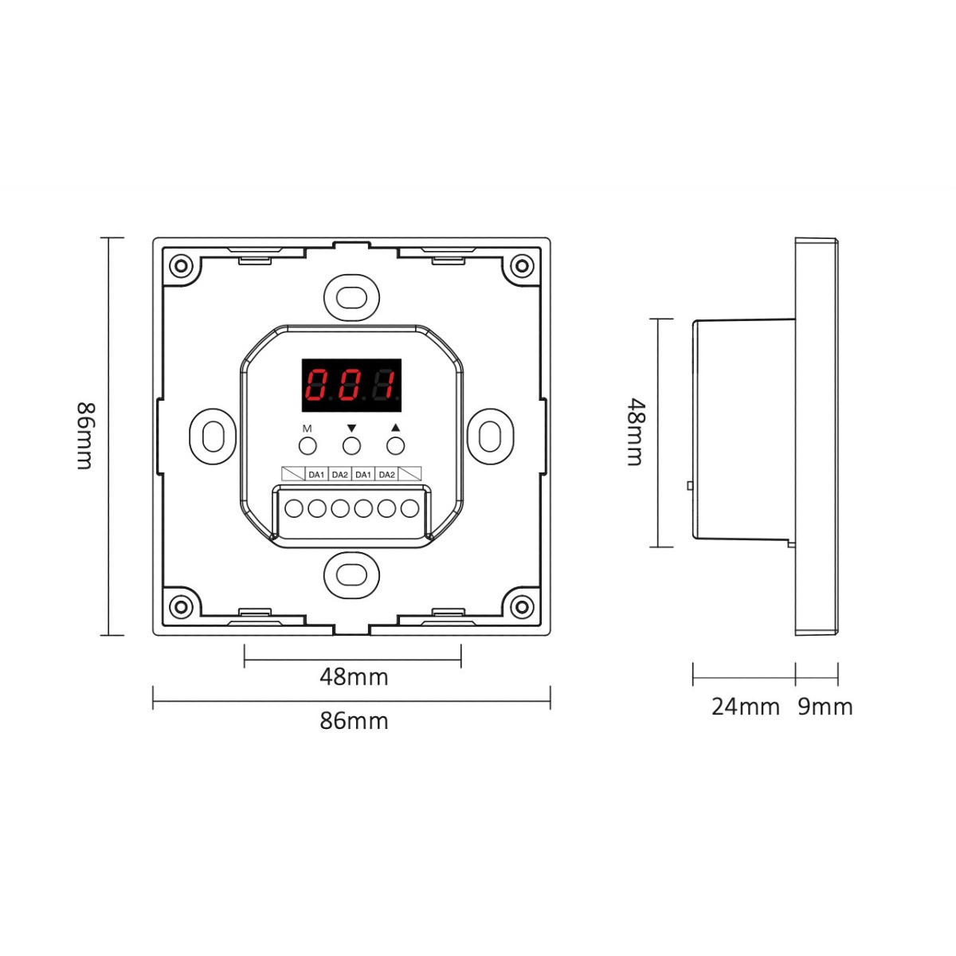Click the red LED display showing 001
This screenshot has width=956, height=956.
351,385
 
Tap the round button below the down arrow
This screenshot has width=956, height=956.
351,446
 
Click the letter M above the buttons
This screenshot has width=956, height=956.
307,428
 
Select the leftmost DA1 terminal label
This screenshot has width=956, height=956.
316,475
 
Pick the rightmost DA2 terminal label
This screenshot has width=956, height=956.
386,475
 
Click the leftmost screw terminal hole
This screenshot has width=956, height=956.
294,508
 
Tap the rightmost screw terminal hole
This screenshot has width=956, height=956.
409,508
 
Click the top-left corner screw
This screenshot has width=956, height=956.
181,266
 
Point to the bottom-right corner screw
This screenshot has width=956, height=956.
522,607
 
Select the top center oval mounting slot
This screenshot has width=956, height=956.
351,298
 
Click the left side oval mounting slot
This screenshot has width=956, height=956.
214,437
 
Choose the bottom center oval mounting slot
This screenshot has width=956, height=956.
351,574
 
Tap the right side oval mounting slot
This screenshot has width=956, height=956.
490,437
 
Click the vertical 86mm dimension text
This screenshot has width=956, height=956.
84,436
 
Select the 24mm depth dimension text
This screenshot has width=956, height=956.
745,707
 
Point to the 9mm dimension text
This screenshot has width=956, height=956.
825,707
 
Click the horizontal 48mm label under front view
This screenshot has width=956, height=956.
354,676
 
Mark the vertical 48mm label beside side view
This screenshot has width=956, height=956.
636,432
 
